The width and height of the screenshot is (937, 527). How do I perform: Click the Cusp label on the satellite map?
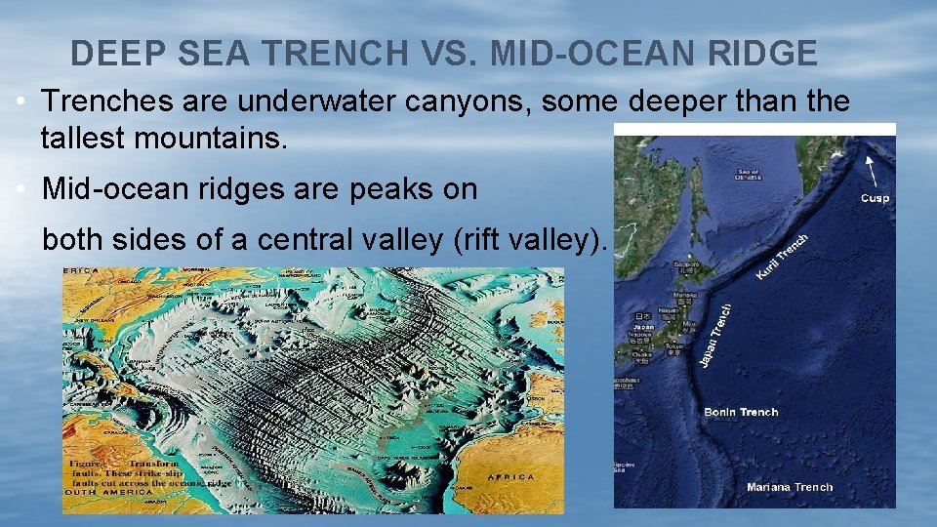click(875, 198)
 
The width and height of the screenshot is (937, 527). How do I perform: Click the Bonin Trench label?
click(741, 412)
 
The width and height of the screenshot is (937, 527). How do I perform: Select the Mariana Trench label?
click(790, 487)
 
